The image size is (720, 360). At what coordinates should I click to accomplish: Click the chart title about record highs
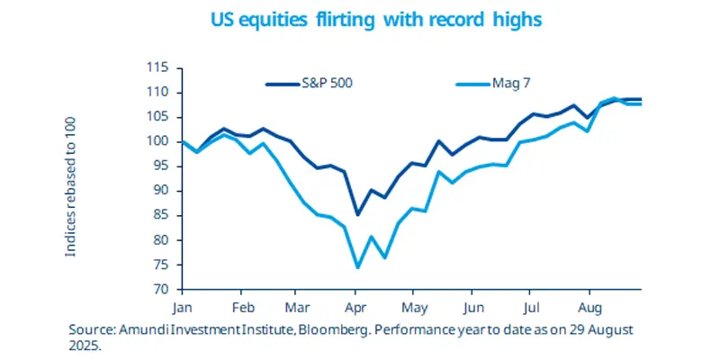click(x=360, y=18)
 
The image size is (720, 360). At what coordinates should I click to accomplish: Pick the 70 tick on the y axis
click(x=161, y=290)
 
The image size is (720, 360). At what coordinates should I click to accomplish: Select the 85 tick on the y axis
click(x=161, y=215)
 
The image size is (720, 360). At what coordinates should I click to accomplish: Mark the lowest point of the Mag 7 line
click(x=357, y=267)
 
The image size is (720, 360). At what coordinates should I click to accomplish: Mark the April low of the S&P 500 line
click(x=357, y=214)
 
